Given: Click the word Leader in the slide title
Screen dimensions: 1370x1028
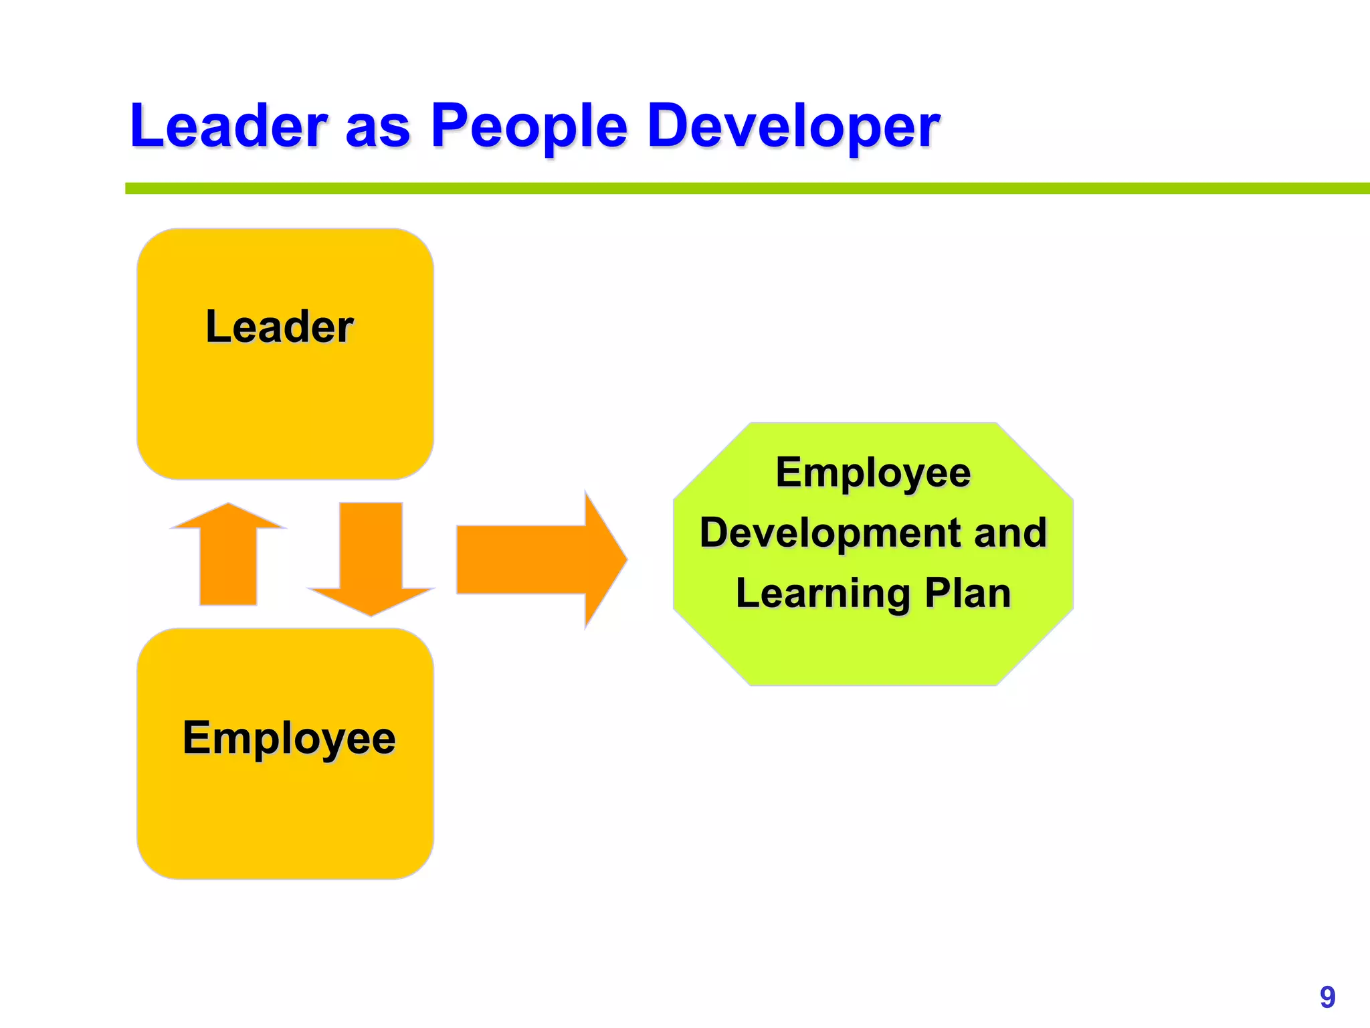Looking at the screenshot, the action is point(228,126).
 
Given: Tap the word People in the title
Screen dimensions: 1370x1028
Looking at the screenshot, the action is point(528,126).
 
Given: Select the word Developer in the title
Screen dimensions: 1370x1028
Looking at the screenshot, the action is point(793,126).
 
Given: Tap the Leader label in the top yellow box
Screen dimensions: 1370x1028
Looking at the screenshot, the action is point(280,327).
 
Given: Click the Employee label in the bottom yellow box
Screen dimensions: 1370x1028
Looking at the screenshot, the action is point(289,739).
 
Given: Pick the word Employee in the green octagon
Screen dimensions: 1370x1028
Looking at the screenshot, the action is point(873,473).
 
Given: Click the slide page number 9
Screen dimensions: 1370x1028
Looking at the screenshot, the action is point(1327,997).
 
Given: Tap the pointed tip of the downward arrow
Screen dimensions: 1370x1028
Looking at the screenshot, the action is point(371,613).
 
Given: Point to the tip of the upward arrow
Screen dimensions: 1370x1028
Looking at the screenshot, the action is point(228,506).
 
